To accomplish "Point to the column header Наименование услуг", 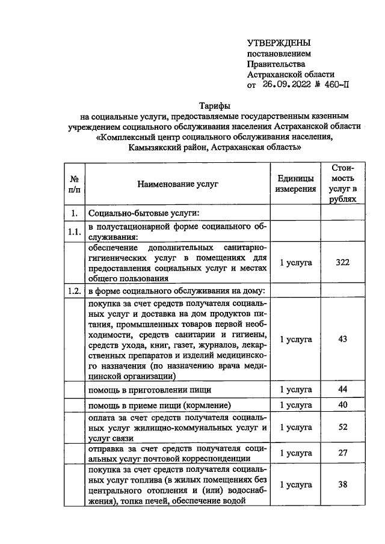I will pos(177,185).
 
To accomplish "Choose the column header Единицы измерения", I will pos(296,185).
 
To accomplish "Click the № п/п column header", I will pos(75,185).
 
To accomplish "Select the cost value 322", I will pos(343,262).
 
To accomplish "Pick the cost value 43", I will pos(343,340).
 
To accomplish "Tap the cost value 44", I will pos(343,390).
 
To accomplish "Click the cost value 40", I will pos(343,405).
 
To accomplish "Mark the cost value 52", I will pos(343,427).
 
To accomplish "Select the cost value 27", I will pos(343,453).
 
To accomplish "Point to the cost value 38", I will pos(343,484).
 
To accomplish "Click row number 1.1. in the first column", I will pos(75,231).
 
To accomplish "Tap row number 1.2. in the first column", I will pos(75,292).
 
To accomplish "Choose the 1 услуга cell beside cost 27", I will pos(296,453).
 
